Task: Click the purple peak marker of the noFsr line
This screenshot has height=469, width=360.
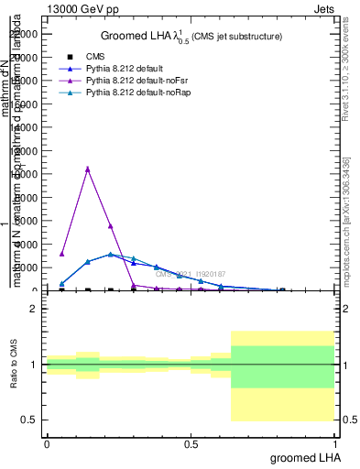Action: (87, 169)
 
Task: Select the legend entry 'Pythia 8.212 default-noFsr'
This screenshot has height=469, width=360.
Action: (137, 81)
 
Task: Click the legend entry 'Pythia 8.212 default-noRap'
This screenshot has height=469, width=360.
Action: (138, 93)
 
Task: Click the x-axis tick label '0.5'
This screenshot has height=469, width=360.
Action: (191, 444)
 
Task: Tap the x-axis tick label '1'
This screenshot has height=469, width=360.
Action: (336, 444)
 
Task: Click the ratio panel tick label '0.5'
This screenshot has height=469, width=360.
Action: (28, 420)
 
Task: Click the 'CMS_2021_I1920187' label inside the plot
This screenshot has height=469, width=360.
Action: (190, 274)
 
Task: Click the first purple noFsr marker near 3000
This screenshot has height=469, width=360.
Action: (61, 254)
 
